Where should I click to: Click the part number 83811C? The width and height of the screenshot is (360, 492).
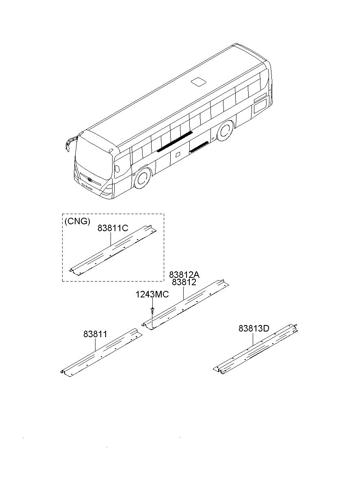(x=113, y=228)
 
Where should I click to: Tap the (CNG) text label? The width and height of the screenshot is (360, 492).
(x=77, y=222)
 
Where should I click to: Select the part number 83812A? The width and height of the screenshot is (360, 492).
(x=184, y=274)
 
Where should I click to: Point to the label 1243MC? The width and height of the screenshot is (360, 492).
(x=152, y=295)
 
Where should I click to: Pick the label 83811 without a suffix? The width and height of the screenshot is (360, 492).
(x=95, y=334)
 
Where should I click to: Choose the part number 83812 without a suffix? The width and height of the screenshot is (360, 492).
(x=184, y=282)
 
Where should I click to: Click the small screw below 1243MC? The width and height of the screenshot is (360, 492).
(x=152, y=311)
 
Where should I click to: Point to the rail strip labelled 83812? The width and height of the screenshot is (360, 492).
(x=185, y=303)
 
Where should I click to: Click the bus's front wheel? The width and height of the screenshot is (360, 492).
(x=142, y=179)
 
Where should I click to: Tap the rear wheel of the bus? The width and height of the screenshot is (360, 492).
(x=224, y=131)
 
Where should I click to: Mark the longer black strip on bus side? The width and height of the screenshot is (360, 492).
(x=175, y=141)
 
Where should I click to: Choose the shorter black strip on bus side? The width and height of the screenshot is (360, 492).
(x=200, y=146)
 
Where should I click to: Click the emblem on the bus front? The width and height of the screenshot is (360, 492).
(x=89, y=179)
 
